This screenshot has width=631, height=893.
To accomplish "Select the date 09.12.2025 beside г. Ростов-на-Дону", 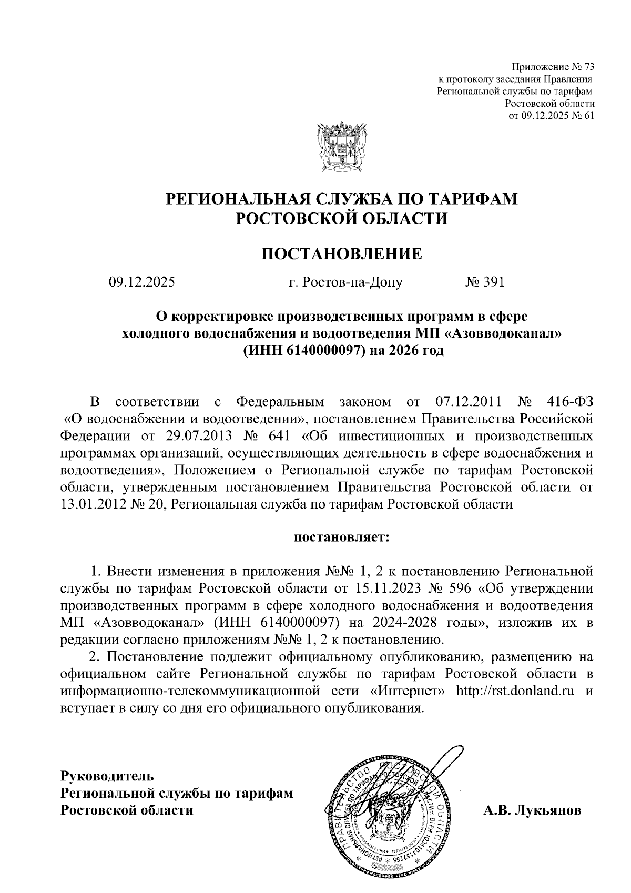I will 141,283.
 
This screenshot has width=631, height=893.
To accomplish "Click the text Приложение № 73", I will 552,67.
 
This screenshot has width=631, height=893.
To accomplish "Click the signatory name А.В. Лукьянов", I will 532,810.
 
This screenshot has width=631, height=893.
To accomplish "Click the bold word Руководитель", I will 107,776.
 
